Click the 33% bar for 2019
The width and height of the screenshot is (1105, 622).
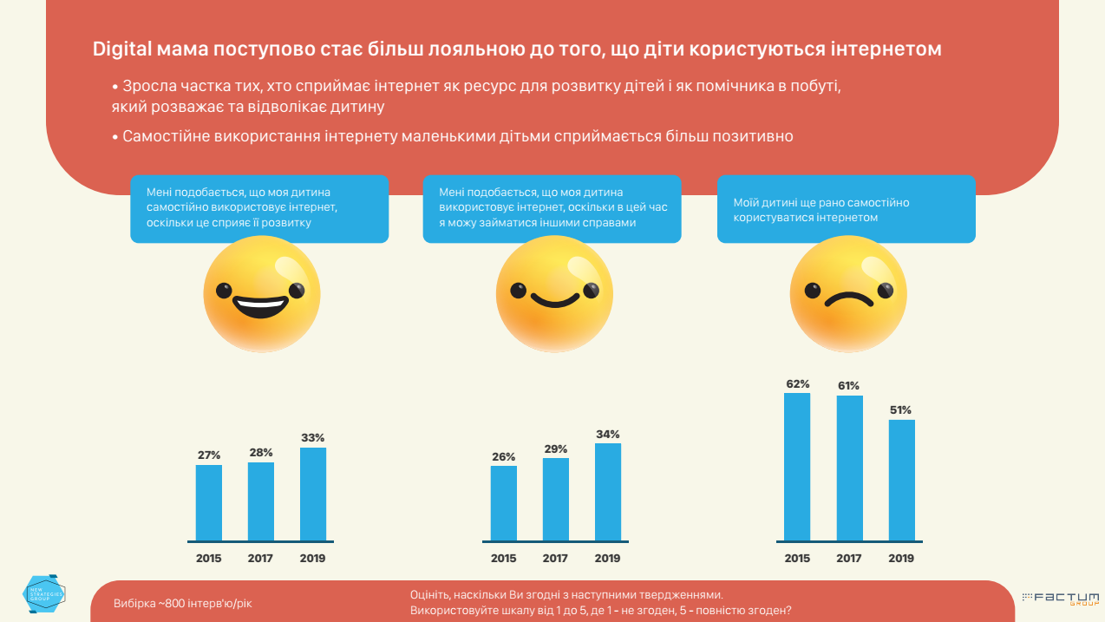pos(313,494)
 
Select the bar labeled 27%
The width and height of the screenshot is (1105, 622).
pos(209,502)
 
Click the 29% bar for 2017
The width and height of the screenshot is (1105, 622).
pos(556,499)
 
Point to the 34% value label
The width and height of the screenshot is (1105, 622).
pos(608,435)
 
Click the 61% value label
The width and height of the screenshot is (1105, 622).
pos(849,386)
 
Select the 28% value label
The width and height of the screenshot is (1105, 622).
pos(261,453)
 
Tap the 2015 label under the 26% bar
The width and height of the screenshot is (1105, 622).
pos(503,559)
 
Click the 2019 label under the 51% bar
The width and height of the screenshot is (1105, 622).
pos(901,559)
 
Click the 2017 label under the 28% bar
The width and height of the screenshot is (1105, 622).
pos(261,559)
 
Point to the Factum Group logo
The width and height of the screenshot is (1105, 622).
pos(1060,599)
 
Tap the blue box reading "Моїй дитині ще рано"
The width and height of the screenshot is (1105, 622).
pos(847,210)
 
